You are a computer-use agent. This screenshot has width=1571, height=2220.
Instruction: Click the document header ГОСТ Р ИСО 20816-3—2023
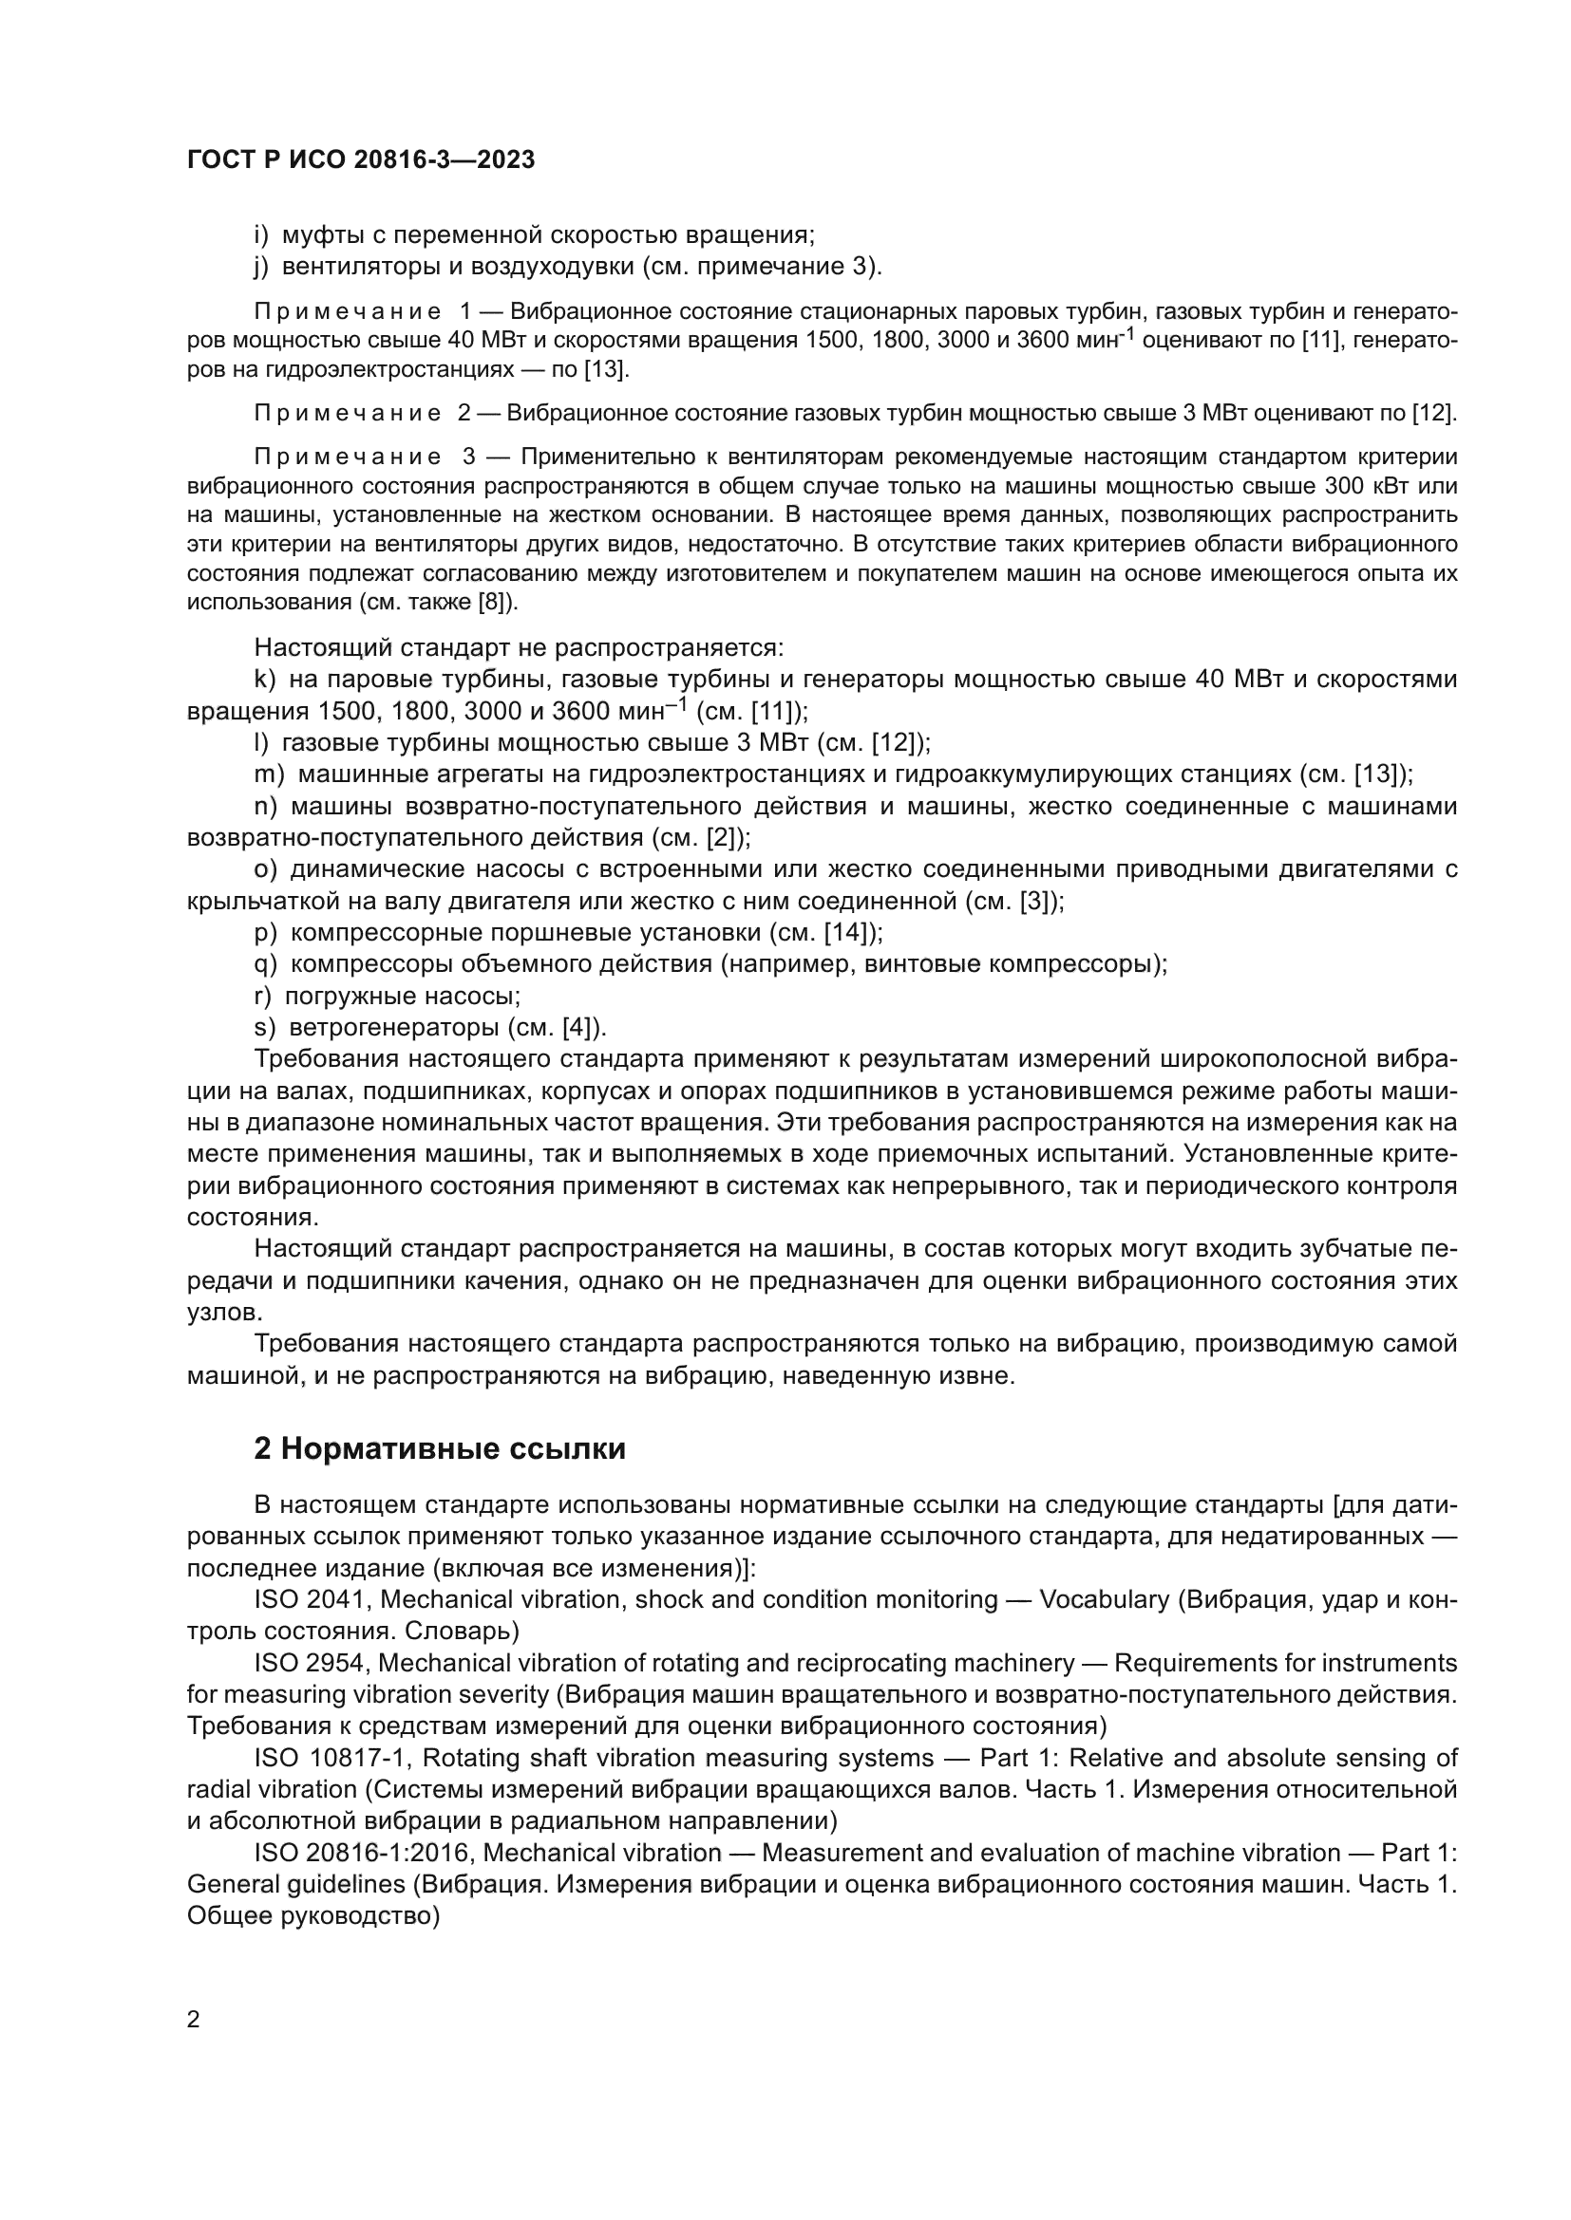[x=361, y=160]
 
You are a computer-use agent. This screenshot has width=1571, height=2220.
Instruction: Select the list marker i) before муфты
[x=260, y=235]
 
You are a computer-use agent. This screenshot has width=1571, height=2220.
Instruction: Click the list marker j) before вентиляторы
[x=260, y=266]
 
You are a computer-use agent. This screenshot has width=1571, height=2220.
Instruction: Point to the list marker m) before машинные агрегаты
[x=268, y=774]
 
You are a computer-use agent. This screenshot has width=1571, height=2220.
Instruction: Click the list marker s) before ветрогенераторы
[x=264, y=1027]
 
